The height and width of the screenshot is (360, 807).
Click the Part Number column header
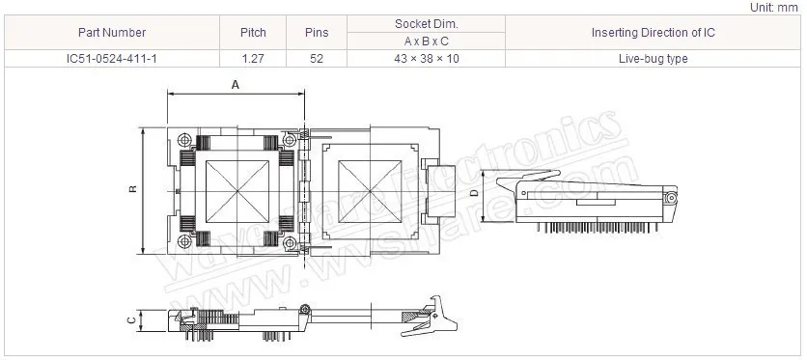coord(112,33)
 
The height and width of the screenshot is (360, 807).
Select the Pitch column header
coord(253,33)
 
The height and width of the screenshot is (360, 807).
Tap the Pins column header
coord(317,33)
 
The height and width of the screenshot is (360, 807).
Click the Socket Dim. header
coord(426,24)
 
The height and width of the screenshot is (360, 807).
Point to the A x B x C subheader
coord(426,42)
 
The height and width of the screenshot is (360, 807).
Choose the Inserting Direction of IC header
coord(654,33)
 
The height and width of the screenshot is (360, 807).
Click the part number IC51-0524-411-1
coord(112,59)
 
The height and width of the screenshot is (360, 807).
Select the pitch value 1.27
coord(253,59)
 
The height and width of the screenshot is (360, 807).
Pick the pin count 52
coord(317,59)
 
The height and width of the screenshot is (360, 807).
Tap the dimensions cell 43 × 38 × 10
coord(426,59)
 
